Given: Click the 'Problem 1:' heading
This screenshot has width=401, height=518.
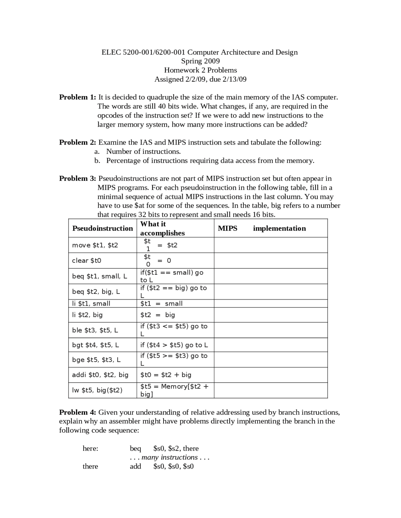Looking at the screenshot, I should point(78,97).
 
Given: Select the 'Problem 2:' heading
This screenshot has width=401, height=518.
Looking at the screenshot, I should point(78,143).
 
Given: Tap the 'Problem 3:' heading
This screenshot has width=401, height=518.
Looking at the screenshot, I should point(78,179).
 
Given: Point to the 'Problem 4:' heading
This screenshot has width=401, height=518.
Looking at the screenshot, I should point(78,412).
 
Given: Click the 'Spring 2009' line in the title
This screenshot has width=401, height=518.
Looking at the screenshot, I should point(200,61).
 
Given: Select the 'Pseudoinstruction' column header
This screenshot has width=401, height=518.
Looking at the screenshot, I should point(102,228).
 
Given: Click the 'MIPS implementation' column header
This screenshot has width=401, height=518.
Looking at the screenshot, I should point(262,228).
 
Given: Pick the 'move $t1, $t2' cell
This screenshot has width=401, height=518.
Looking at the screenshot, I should point(95,245).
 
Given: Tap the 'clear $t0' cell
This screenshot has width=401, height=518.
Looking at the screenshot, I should point(86,261).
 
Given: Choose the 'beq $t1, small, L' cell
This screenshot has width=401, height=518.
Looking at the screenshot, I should point(100,276).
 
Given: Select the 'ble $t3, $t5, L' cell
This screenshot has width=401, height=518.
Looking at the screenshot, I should point(95,330).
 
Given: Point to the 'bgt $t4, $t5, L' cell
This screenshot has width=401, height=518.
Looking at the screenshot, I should point(96,345).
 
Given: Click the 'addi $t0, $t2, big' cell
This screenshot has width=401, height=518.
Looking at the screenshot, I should point(100,375).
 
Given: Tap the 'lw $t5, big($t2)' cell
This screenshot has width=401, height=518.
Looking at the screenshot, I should point(97,390).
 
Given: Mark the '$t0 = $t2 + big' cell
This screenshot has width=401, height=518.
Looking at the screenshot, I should point(166,375).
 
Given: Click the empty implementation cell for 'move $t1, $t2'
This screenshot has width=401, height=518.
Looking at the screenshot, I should point(271,245).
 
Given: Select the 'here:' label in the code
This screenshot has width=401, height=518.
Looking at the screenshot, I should point(91,449).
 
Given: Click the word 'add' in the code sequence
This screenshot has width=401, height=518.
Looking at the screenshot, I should point(135,466).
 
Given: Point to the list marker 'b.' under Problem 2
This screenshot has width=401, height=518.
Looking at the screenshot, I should point(97,161).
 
